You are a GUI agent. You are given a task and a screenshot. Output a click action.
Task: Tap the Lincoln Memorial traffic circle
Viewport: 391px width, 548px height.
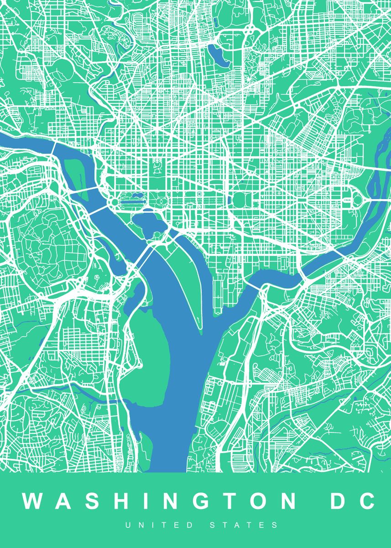point(113,201)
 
